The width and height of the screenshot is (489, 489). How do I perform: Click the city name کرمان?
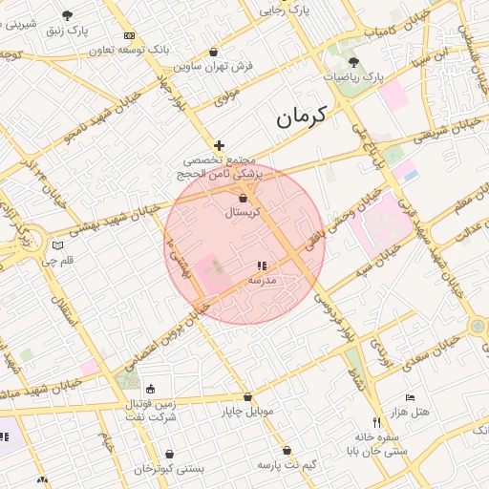coord(301,117)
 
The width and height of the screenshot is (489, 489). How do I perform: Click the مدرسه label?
coord(262,281)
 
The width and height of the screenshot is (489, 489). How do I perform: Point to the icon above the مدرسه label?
coord(262,266)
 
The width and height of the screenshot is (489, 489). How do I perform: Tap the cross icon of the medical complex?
coord(219,144)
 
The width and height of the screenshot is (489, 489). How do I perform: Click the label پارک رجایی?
coord(287,11)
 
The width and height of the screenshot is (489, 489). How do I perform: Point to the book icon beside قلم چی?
coord(58,245)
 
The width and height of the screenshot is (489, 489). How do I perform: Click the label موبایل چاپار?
coord(247,412)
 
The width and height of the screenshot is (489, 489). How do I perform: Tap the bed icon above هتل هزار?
coord(410,397)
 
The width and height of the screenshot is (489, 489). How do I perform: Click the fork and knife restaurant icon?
coord(375,423)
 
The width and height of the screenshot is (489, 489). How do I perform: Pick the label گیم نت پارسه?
coord(287,464)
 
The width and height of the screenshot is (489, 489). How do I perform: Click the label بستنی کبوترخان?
coord(169,469)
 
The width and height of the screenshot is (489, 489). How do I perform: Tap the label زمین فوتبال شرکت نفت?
coord(151,411)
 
